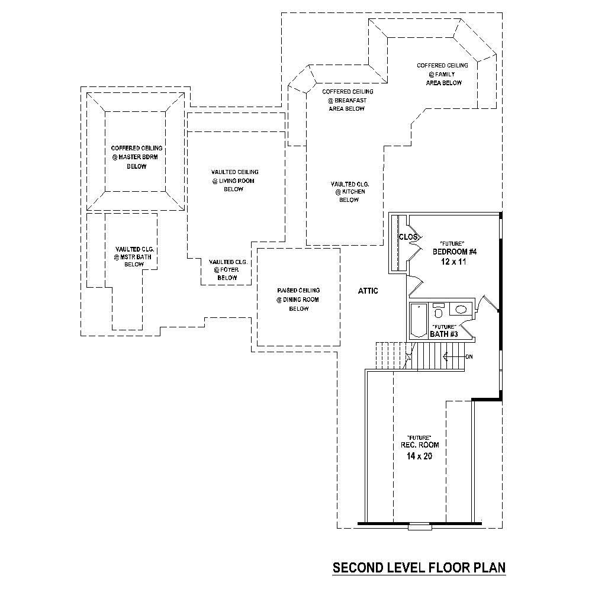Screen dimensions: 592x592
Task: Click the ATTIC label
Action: coord(368,291)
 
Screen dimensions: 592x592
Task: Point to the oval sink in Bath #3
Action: coord(459,310)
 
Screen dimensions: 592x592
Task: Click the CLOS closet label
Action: coord(408,237)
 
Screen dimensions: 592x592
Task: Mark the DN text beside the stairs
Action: coord(469,356)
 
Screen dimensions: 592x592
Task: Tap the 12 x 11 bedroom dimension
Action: coord(454,261)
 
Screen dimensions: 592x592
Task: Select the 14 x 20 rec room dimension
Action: coord(418,456)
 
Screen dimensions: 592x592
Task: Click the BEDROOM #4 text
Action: coord(454,252)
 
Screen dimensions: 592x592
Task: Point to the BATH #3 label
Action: coord(444,334)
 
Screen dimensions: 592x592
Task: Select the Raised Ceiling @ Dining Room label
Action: coord(298,299)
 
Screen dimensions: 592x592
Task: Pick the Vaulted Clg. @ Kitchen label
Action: coord(349,192)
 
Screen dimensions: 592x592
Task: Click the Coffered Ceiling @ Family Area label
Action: coord(443,74)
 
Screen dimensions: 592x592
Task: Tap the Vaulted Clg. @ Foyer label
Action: coord(227,269)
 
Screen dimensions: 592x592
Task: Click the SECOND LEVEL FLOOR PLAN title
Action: coord(419,568)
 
